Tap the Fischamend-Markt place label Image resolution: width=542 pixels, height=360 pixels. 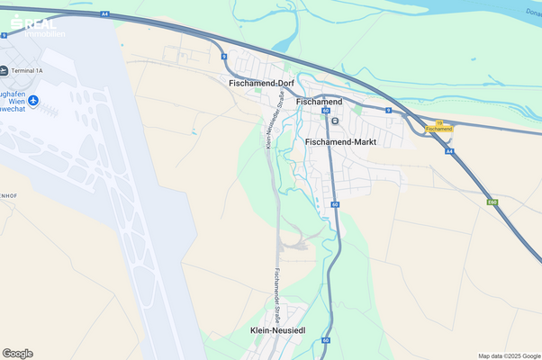point(340,142)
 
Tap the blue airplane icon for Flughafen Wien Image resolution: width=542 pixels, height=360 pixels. point(33,100)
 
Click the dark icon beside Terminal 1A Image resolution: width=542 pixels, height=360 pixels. point(5,69)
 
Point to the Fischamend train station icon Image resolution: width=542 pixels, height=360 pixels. point(335,121)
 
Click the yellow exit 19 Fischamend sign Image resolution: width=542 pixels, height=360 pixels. point(438,128)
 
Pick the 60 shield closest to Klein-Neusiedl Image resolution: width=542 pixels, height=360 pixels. point(325,340)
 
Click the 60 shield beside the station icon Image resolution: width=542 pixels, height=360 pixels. point(326,111)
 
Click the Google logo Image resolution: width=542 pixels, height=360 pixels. point(18,353)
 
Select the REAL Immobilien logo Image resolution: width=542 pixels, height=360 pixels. point(32,25)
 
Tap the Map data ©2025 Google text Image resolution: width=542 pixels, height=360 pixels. point(509,355)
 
